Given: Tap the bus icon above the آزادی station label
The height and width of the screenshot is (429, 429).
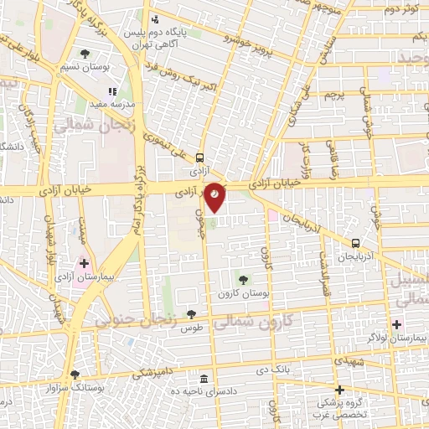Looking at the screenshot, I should [x=199, y=157].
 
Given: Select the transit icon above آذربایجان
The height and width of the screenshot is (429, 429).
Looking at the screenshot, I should [x=356, y=244].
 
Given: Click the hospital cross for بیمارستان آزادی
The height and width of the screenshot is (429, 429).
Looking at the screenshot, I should [x=84, y=263].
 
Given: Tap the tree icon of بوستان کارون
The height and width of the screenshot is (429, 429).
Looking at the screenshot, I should [x=243, y=280].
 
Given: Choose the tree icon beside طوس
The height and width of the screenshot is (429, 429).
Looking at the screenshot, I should [x=192, y=314].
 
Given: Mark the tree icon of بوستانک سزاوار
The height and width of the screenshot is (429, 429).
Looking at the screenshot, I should [x=75, y=375].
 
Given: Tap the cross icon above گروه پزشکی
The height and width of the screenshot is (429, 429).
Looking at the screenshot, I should [x=339, y=390].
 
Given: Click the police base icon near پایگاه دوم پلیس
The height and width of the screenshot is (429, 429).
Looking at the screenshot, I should [x=153, y=19].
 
